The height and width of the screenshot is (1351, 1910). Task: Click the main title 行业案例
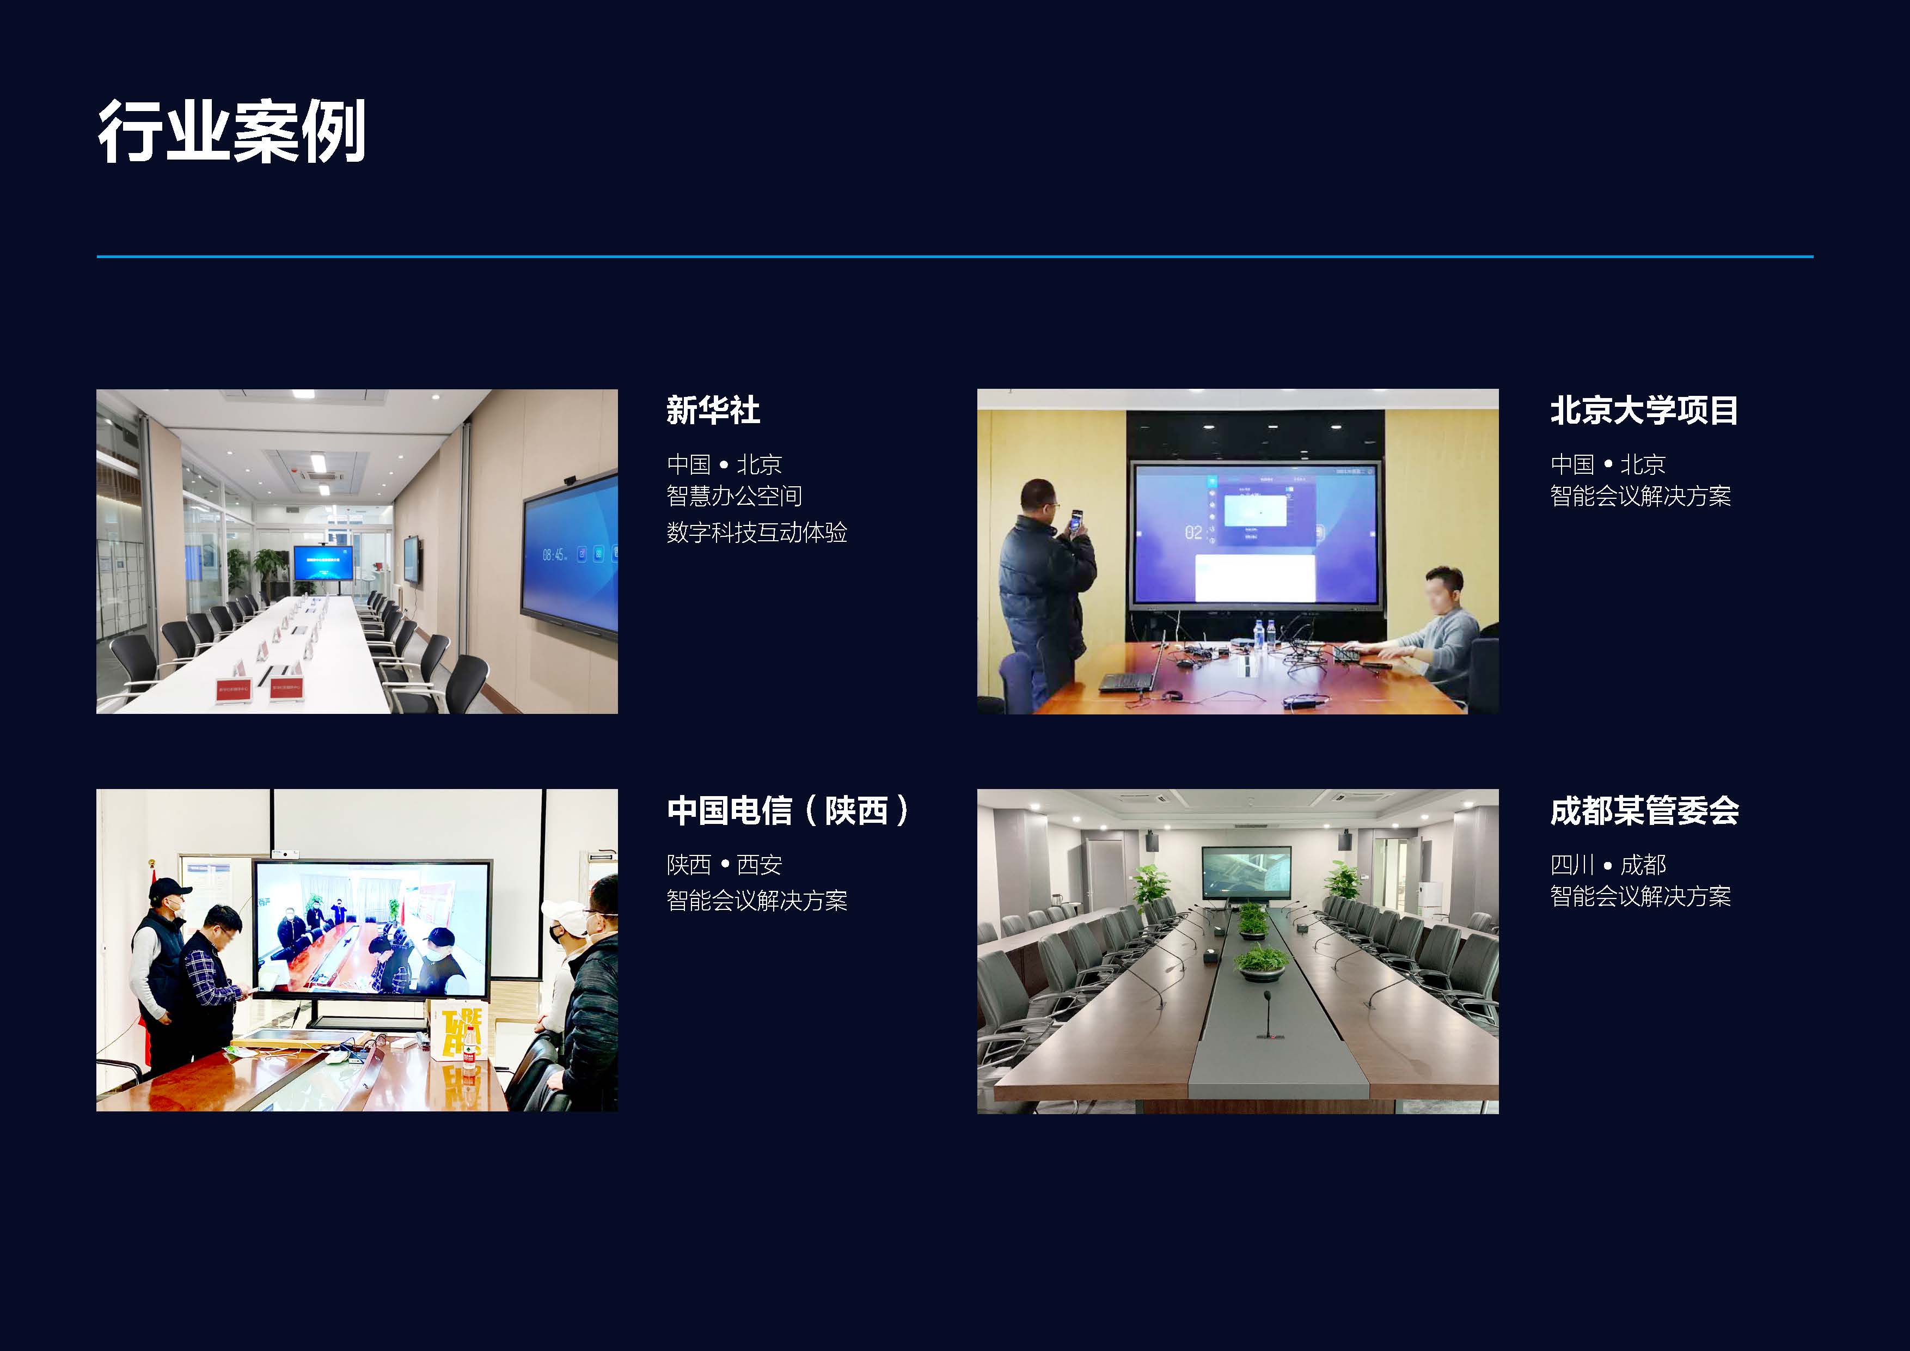pyautogui.click(x=232, y=131)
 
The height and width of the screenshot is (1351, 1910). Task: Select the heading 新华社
pyautogui.click(x=713, y=410)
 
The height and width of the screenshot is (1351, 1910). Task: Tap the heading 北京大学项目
pyautogui.click(x=1644, y=410)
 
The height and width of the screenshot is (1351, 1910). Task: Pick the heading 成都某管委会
pyautogui.click(x=1644, y=810)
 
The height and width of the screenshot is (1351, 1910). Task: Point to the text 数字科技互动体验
pyautogui.click(x=757, y=533)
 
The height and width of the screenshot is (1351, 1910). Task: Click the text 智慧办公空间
pyautogui.click(x=734, y=496)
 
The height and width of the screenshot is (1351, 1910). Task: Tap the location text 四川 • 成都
pyautogui.click(x=1608, y=864)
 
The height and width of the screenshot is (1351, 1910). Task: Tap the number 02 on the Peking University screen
pyautogui.click(x=1193, y=533)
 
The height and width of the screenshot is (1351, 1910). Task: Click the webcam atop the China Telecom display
pyautogui.click(x=285, y=853)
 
